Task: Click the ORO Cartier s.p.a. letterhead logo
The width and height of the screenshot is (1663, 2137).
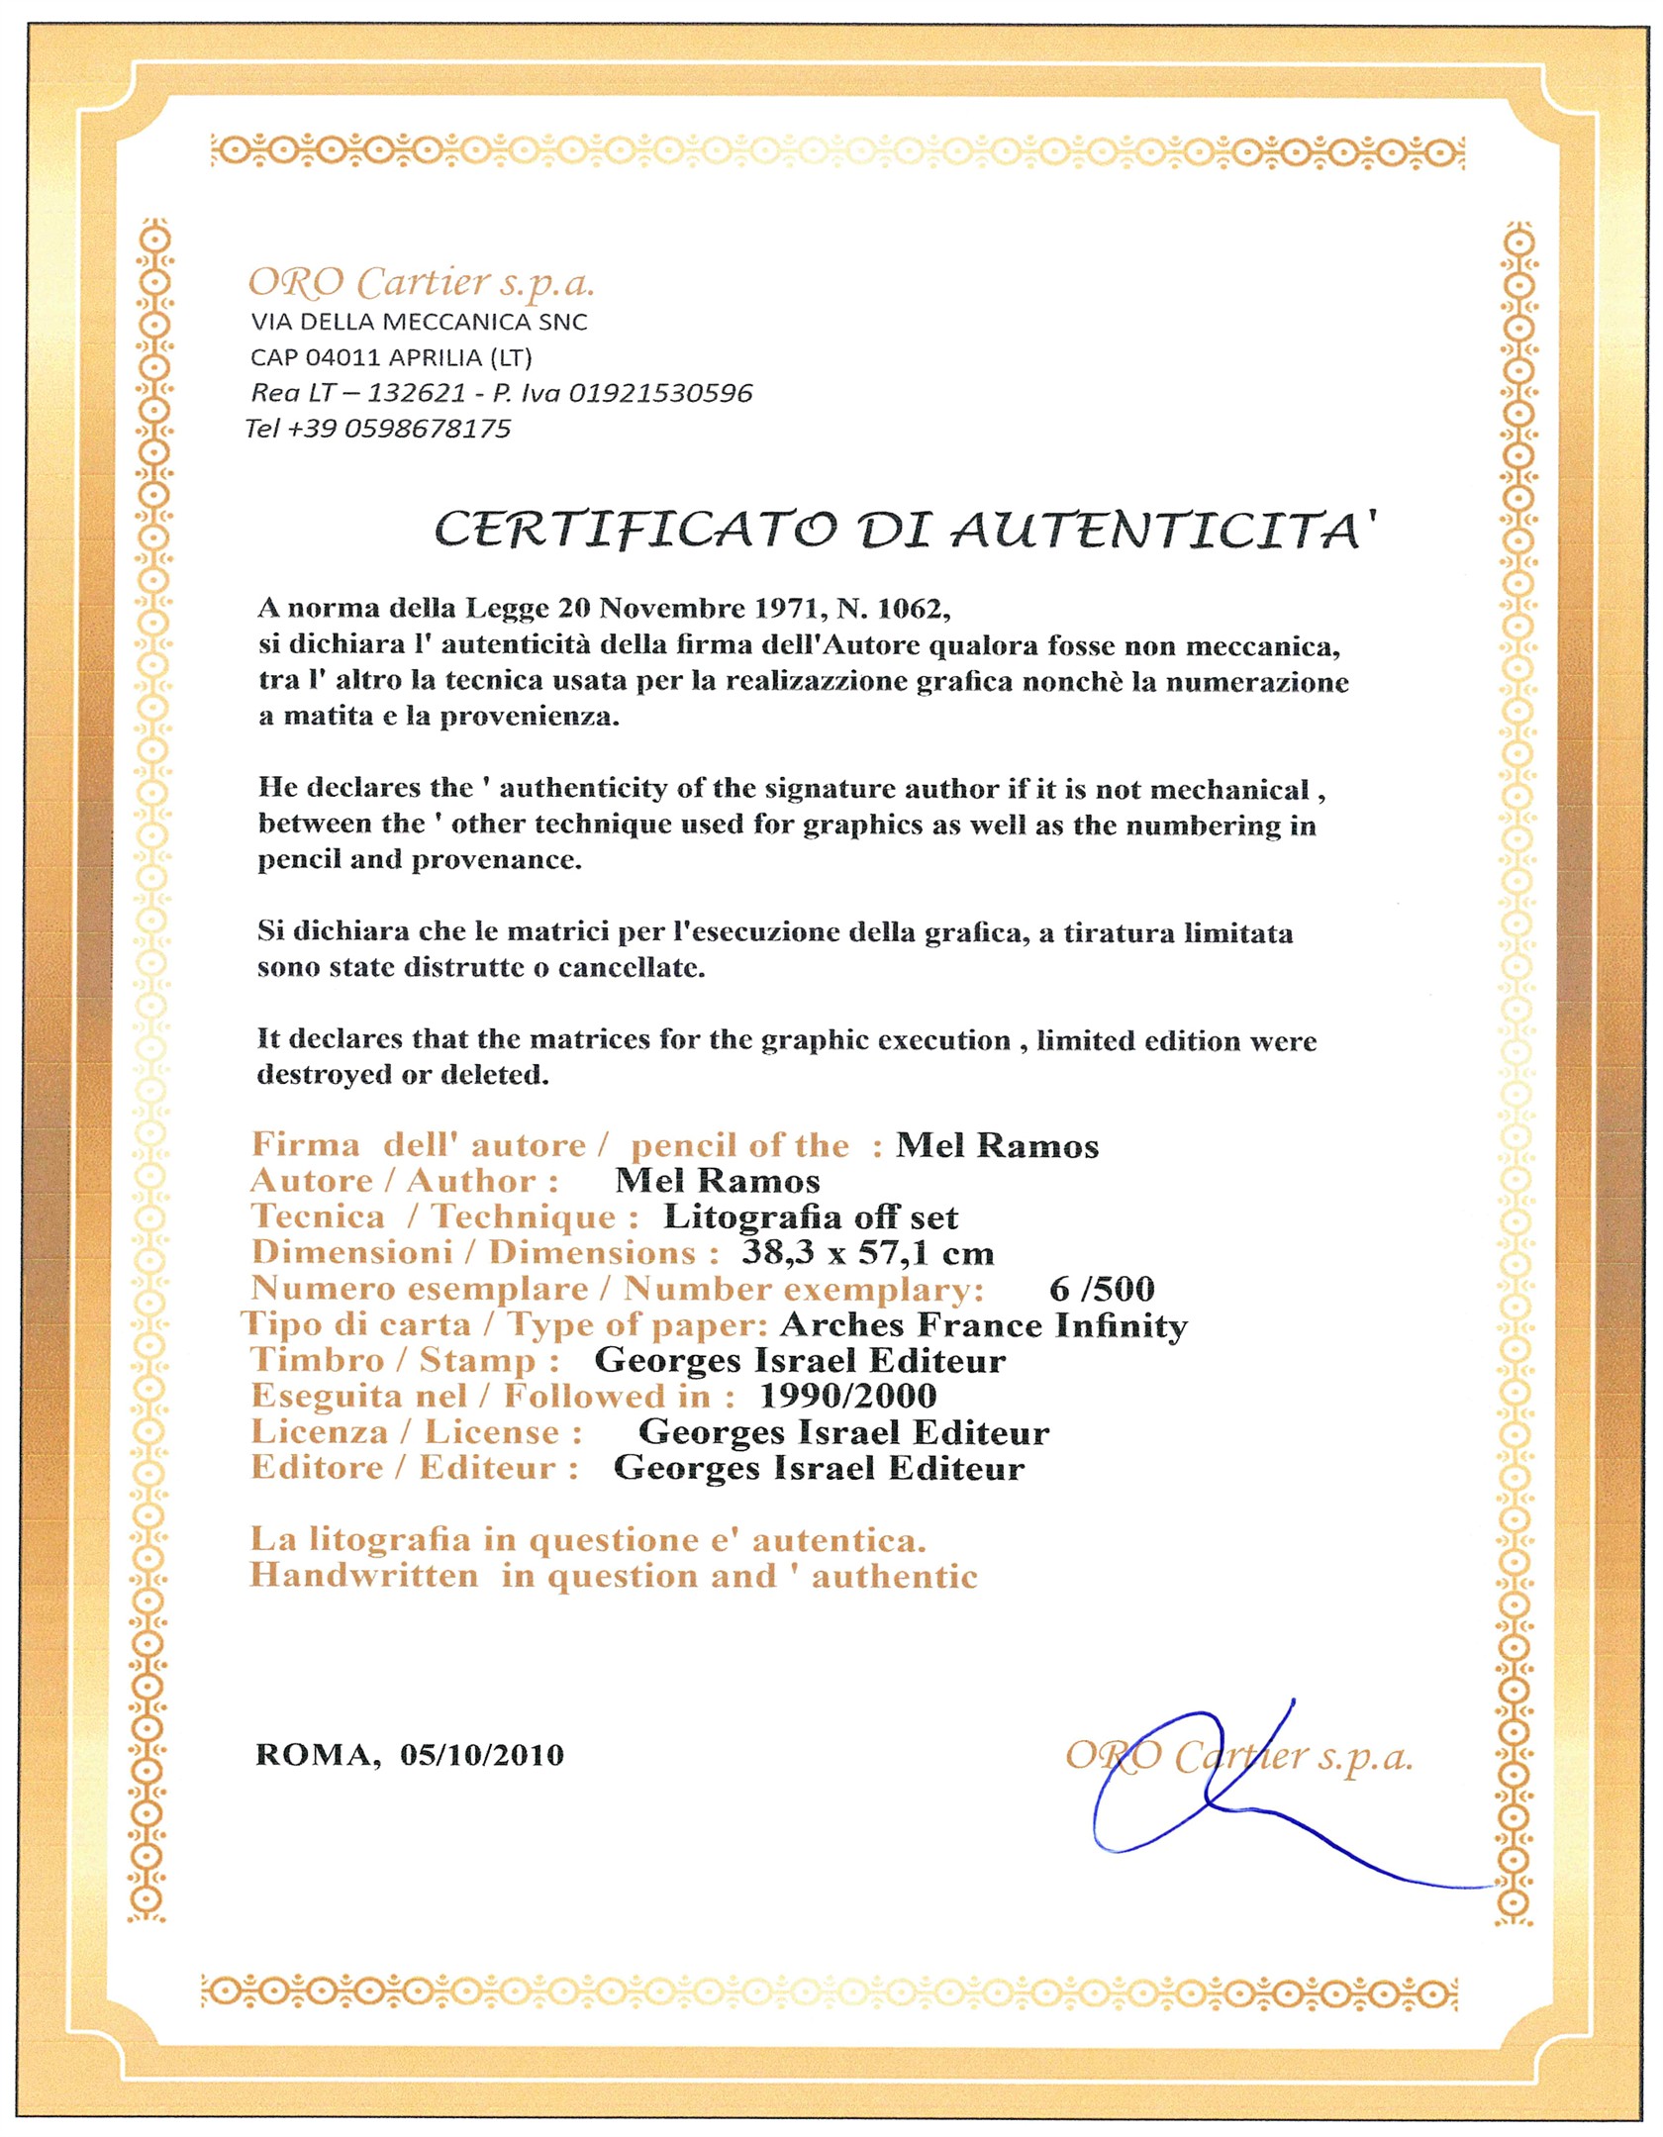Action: [x=421, y=284]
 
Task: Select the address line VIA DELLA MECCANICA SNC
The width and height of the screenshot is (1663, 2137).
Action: [x=419, y=322]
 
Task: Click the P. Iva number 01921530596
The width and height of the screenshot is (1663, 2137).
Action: [x=660, y=393]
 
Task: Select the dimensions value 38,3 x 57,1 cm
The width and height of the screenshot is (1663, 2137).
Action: [x=867, y=1252]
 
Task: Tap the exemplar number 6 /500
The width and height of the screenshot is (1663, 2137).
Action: [x=1102, y=1289]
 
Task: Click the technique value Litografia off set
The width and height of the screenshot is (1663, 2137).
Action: [x=810, y=1216]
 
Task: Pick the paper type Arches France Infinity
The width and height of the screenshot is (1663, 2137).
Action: [x=984, y=1324]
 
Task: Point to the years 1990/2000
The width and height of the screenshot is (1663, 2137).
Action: [x=847, y=1396]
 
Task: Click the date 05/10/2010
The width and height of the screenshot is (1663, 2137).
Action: [x=482, y=1755]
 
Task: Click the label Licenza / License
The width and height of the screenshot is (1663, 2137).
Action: [x=417, y=1432]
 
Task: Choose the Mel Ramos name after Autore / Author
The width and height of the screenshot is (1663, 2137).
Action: [x=718, y=1181]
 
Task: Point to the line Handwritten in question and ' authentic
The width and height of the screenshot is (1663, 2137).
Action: [x=613, y=1576]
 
